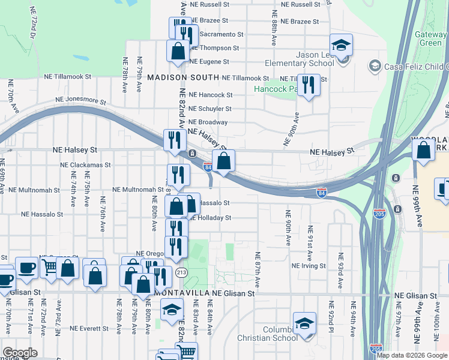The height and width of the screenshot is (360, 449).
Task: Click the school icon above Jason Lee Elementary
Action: coord(341,46)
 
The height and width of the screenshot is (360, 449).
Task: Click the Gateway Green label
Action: coord(430,38)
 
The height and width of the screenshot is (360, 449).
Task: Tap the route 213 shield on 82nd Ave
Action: coord(181,273)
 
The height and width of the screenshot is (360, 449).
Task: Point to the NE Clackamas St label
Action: coord(85,164)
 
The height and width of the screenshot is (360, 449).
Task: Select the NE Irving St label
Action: coord(309,265)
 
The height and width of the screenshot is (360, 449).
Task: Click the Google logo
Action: coord(20,353)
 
